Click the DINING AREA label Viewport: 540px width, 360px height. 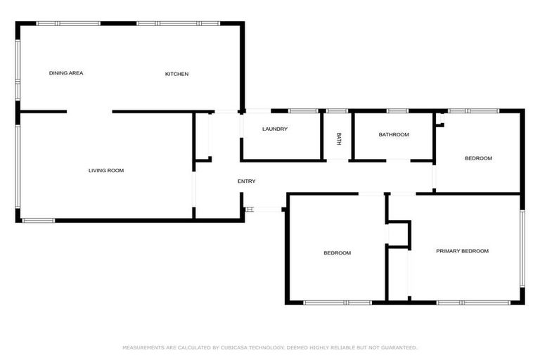66,73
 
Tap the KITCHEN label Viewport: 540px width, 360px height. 176,74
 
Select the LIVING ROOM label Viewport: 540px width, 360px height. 106,170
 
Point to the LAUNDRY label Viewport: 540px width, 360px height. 275,129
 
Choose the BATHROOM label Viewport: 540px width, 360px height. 394,134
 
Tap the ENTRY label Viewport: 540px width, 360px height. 246,181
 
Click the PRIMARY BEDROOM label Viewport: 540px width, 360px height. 462,251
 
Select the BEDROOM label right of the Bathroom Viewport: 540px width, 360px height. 478,158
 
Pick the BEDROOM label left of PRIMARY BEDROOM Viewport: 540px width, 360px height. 337,253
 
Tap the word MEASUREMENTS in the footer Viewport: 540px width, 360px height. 143,347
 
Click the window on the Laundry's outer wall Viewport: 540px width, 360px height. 302,110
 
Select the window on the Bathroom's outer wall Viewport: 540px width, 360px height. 397,110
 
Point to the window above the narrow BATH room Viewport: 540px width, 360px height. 337,110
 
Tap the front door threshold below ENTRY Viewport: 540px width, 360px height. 263,209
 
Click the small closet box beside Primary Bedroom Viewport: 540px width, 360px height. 399,233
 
